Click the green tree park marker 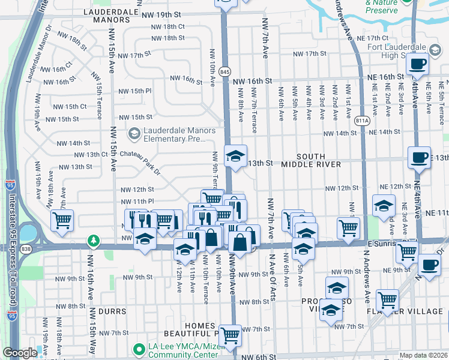click(x=93, y=241)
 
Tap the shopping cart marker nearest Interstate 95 click(x=62, y=221)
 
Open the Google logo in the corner click(x=20, y=353)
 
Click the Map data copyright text click(x=424, y=355)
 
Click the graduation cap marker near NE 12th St click(x=384, y=206)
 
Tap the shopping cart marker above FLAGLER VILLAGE click(x=387, y=298)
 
